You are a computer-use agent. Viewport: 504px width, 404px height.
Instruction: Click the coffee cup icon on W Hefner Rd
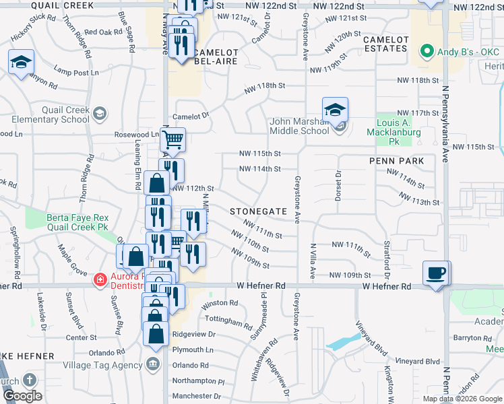click(x=435, y=273)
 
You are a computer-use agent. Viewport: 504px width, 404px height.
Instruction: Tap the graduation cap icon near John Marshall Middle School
click(x=335, y=110)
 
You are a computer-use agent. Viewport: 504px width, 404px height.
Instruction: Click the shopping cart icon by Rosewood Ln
click(x=173, y=140)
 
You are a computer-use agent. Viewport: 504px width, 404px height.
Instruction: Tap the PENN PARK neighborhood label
click(x=396, y=162)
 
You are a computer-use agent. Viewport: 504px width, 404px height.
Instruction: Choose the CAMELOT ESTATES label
click(x=385, y=44)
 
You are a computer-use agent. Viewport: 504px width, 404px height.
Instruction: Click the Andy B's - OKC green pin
click(x=426, y=51)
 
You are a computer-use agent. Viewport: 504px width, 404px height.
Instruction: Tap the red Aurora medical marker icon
click(x=100, y=278)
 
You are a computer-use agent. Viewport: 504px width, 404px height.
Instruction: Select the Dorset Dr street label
click(x=338, y=186)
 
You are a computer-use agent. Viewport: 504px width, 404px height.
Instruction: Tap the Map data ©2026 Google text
click(x=462, y=399)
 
